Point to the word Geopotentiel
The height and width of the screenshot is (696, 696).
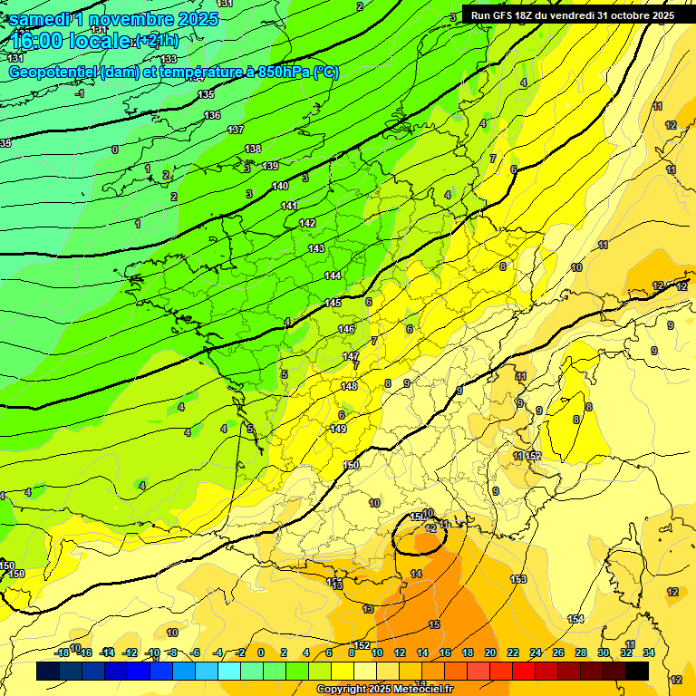53,72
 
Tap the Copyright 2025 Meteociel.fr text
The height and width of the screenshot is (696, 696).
384,690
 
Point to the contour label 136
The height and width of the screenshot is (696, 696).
212,115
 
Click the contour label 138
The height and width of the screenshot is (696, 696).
253,150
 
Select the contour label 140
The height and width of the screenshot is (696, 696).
280,186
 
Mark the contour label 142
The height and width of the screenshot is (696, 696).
307,223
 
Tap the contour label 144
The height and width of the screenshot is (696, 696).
333,275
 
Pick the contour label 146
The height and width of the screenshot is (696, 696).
346,329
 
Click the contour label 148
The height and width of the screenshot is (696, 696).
349,387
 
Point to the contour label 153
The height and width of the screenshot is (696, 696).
518,579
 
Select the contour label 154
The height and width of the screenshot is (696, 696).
575,619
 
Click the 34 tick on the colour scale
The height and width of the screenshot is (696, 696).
649,652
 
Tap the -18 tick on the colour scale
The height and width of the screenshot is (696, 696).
63,652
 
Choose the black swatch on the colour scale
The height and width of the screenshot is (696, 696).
637,672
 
